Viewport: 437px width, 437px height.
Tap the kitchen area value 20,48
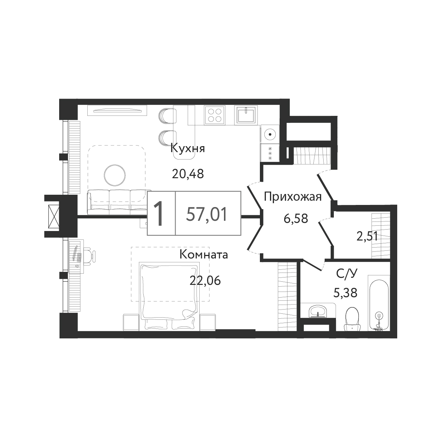click(x=188, y=174)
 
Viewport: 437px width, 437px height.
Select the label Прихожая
click(x=293, y=197)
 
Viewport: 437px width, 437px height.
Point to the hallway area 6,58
click(x=296, y=219)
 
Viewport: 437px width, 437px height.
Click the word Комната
click(x=204, y=255)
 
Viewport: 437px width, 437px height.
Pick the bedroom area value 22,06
click(x=205, y=281)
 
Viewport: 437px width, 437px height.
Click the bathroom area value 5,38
click(x=345, y=293)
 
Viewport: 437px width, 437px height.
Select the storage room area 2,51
click(x=367, y=237)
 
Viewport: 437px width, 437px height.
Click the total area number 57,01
click(x=206, y=215)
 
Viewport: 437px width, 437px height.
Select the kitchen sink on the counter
click(x=246, y=115)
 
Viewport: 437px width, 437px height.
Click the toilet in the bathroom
click(x=352, y=320)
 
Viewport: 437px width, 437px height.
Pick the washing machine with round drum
click(x=270, y=134)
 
